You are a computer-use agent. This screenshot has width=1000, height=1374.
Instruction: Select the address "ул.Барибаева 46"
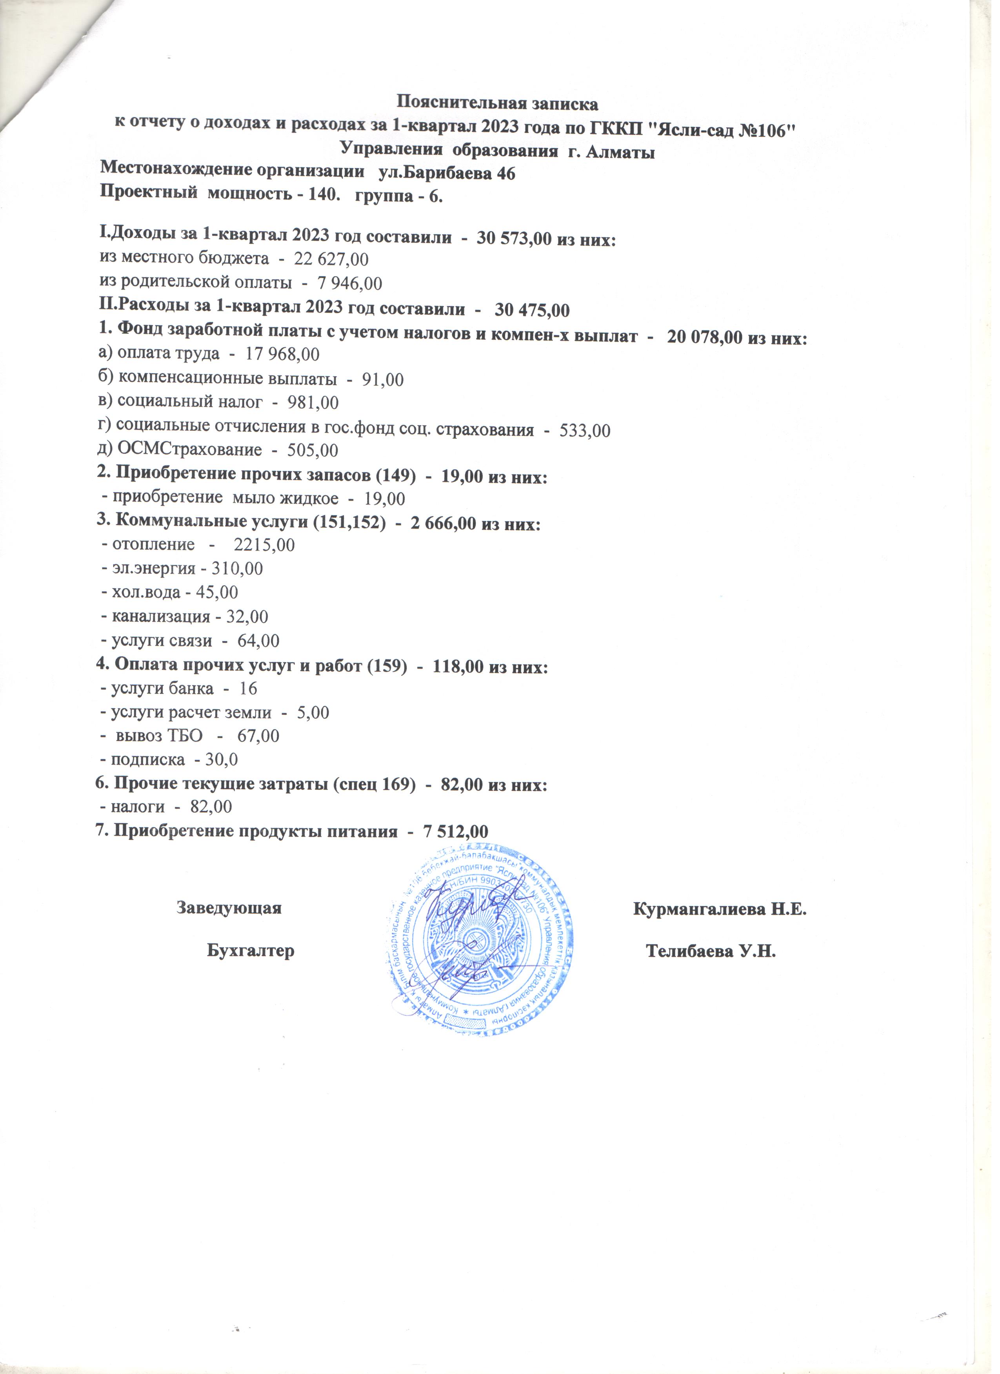(x=446, y=173)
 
